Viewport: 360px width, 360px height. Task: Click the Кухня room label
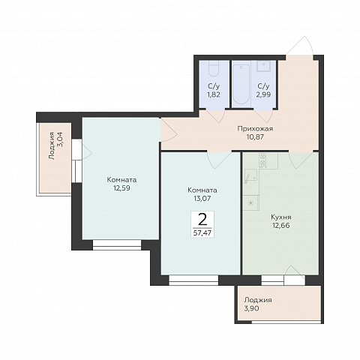(x=281, y=217)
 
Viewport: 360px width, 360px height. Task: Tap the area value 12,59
(x=121, y=188)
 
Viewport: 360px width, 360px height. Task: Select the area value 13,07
(x=202, y=199)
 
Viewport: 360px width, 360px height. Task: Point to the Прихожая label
(x=255, y=129)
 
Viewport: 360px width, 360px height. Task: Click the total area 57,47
(x=202, y=233)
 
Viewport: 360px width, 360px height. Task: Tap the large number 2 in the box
(x=202, y=220)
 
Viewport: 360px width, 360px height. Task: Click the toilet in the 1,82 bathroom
(x=214, y=68)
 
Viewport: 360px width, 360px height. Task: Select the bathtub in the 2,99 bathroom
(x=241, y=85)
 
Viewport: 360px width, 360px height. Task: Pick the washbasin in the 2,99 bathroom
(x=263, y=66)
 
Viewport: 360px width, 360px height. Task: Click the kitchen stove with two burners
(x=262, y=160)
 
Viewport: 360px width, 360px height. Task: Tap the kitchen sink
(x=250, y=177)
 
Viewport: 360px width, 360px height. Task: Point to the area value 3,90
(x=252, y=308)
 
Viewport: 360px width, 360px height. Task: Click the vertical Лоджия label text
(x=52, y=146)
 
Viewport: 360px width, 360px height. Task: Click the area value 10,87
(x=255, y=137)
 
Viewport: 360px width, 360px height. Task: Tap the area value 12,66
(x=281, y=225)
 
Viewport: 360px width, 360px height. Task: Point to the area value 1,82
(x=214, y=94)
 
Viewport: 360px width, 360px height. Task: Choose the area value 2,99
(x=263, y=94)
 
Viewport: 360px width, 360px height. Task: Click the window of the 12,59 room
(x=117, y=244)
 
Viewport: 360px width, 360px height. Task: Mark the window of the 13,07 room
(x=193, y=280)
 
